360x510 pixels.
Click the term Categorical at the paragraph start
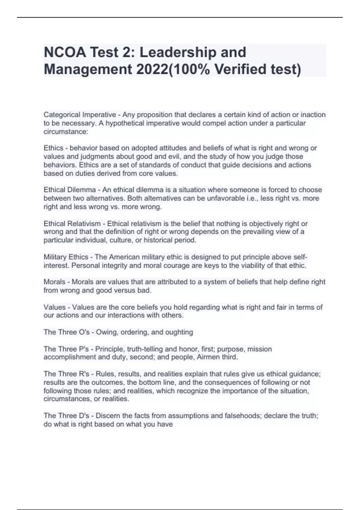(x=62, y=115)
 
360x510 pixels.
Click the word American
(x=124, y=257)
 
